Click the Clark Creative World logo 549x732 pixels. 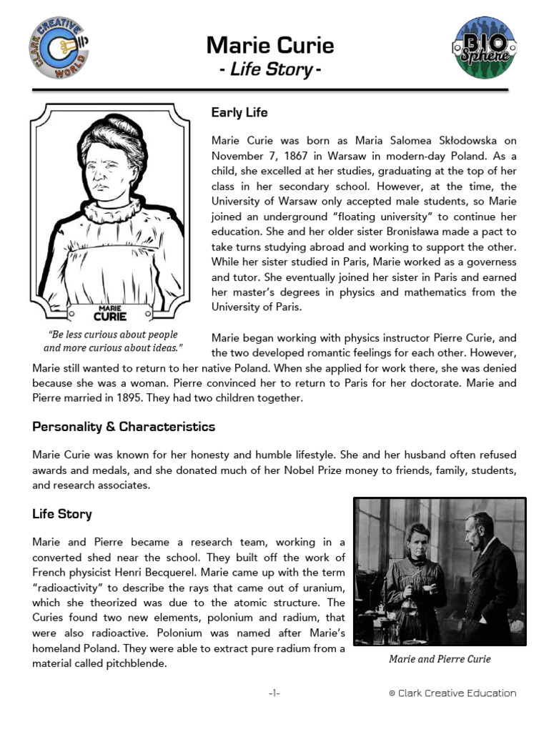point(60,49)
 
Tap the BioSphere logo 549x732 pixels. point(489,49)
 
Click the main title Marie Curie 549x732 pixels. point(270,46)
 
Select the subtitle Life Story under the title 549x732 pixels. point(269,70)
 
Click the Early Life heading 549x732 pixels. point(239,113)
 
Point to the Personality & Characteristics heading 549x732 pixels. point(124,427)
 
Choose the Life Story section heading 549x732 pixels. point(62,514)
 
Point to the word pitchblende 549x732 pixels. point(135,663)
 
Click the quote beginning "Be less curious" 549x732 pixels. point(113,341)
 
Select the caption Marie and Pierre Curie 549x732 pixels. point(440,659)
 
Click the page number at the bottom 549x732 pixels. point(274,693)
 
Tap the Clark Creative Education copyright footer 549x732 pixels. point(452,693)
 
